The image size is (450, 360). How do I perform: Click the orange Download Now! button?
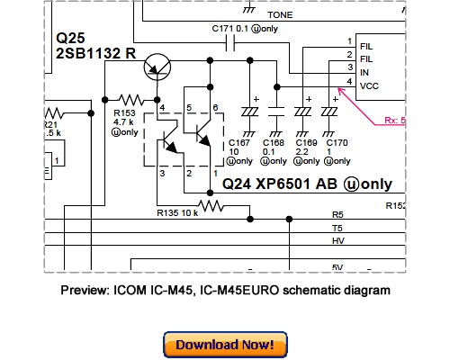[x=225, y=345]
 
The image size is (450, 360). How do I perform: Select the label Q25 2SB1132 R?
[x=95, y=47]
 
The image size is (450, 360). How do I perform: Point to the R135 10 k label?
[x=175, y=214]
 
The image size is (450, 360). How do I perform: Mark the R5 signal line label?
[x=337, y=215]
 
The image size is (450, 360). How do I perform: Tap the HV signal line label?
[x=337, y=242]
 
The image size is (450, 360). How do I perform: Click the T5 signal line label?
[x=337, y=229]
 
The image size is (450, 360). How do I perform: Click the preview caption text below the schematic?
[x=225, y=291]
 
